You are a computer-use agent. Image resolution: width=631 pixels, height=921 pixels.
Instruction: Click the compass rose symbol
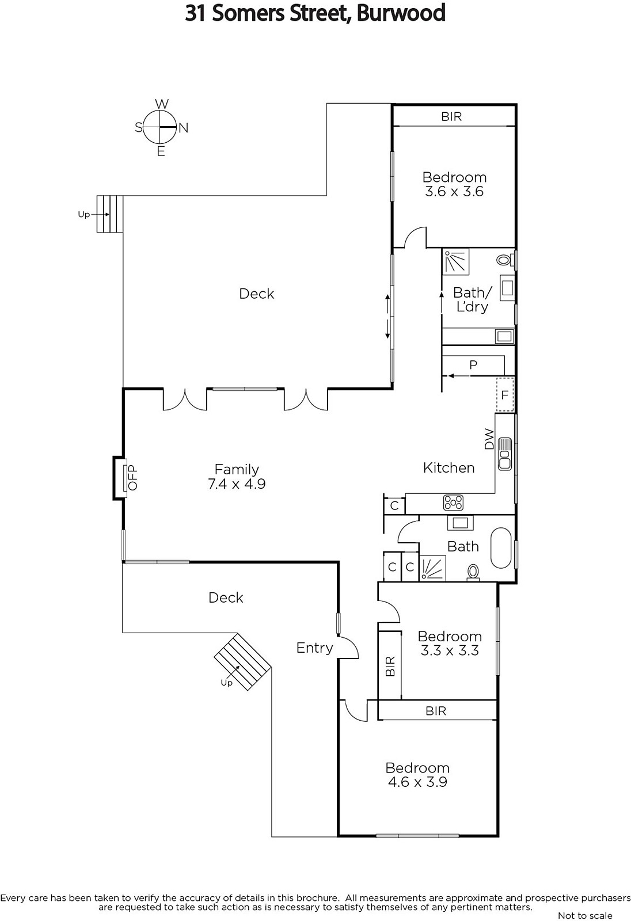[x=161, y=127]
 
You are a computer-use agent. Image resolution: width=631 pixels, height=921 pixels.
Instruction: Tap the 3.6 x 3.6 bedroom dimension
[x=454, y=192]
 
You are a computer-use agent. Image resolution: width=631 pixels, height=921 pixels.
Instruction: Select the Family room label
[x=237, y=469]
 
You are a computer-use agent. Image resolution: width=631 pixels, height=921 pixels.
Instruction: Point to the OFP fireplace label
[x=132, y=477]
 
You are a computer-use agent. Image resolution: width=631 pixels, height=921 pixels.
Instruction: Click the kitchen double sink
[x=505, y=454]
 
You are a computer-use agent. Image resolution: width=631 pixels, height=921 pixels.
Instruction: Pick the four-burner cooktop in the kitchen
[x=453, y=503]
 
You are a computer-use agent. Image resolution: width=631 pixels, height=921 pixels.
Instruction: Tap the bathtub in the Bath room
[x=501, y=548]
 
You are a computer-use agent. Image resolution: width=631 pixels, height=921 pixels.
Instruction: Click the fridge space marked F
[x=505, y=395]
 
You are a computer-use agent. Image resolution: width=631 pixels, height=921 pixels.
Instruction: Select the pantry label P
[x=473, y=365]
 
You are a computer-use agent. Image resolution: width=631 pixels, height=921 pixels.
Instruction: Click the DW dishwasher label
[x=489, y=439]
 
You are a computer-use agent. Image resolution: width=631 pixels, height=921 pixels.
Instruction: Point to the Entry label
[x=315, y=648]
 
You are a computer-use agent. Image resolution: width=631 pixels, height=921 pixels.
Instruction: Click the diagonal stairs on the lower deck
[x=243, y=662]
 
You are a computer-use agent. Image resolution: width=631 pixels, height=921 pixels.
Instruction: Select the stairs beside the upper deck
[x=110, y=214]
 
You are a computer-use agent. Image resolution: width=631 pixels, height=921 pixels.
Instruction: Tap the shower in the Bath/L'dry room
[x=455, y=261]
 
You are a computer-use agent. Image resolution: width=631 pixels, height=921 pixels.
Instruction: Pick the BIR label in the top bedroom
[x=451, y=117]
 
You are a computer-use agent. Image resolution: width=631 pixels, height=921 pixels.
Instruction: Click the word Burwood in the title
[x=401, y=13]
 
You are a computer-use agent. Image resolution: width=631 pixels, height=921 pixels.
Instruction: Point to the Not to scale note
[x=585, y=915]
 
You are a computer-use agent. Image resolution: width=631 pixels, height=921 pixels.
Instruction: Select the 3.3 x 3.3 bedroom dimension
[x=450, y=650]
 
